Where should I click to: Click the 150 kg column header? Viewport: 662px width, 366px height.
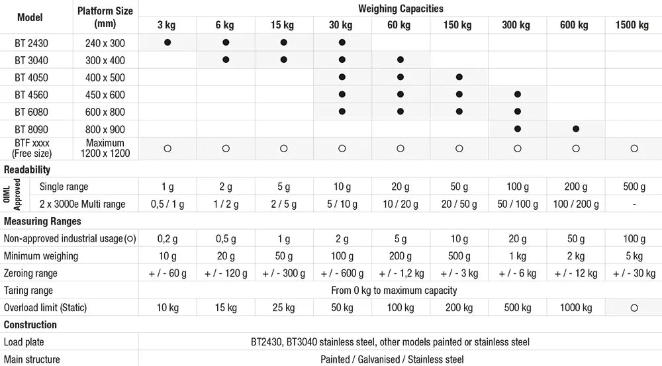click(x=457, y=25)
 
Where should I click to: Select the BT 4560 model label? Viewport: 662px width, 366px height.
click(x=31, y=95)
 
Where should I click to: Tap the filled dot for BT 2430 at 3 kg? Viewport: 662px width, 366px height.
click(x=167, y=42)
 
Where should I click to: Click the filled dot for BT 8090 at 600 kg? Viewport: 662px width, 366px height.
click(x=576, y=129)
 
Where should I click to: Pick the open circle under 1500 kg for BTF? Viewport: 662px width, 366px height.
click(x=634, y=149)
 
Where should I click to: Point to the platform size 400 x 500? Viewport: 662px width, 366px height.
click(x=105, y=77)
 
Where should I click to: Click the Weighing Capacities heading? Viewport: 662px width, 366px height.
click(x=401, y=9)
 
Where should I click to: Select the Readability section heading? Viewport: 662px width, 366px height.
click(x=27, y=169)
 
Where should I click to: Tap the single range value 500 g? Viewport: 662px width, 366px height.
click(x=634, y=187)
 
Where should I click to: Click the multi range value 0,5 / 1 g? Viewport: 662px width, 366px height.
click(x=167, y=205)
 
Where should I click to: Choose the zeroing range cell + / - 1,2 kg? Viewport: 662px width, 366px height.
click(x=401, y=273)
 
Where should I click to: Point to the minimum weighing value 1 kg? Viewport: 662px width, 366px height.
click(x=518, y=256)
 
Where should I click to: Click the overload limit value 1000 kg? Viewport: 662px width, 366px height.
click(x=576, y=308)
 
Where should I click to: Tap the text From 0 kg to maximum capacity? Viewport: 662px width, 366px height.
click(x=394, y=291)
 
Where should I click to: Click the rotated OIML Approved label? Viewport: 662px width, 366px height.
click(x=12, y=195)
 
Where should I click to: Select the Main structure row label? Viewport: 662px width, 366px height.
click(x=32, y=359)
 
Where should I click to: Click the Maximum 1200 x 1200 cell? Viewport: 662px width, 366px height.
click(x=105, y=148)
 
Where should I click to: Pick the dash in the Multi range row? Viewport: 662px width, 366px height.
click(x=634, y=205)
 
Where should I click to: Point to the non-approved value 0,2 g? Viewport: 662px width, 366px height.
click(x=167, y=239)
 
